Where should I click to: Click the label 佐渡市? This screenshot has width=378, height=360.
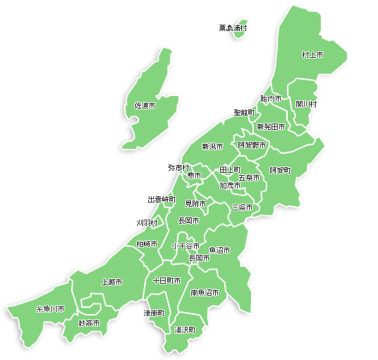pyautogui.click(x=145, y=106)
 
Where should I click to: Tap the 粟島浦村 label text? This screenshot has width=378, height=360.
pyautogui.click(x=232, y=28)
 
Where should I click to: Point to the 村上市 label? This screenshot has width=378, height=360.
pyautogui.click(x=312, y=54)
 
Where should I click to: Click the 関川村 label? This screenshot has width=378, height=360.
pyautogui.click(x=306, y=104)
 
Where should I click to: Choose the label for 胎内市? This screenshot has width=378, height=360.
pyautogui.click(x=271, y=99)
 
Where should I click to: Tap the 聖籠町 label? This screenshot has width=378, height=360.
pyautogui.click(x=244, y=112)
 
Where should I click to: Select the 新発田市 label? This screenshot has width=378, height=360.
pyautogui.click(x=271, y=127)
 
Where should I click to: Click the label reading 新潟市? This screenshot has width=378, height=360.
pyautogui.click(x=212, y=147)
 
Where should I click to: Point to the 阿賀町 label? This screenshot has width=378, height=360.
pyautogui.click(x=279, y=171)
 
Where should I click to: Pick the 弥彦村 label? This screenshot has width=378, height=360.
pyautogui.click(x=179, y=168)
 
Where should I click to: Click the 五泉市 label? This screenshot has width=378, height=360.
pyautogui.click(x=249, y=178)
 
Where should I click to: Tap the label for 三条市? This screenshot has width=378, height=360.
pyautogui.click(x=242, y=208)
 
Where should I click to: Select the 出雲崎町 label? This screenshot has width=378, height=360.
pyautogui.click(x=161, y=200)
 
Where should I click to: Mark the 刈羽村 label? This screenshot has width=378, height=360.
pyautogui.click(x=147, y=223)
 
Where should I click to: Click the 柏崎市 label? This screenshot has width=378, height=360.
pyautogui.click(x=147, y=244)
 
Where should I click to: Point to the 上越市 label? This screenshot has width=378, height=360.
pyautogui.click(x=111, y=282)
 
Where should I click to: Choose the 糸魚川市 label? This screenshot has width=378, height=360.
pyautogui.click(x=50, y=309)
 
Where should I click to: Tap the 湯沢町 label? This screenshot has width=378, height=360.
pyautogui.click(x=185, y=330)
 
